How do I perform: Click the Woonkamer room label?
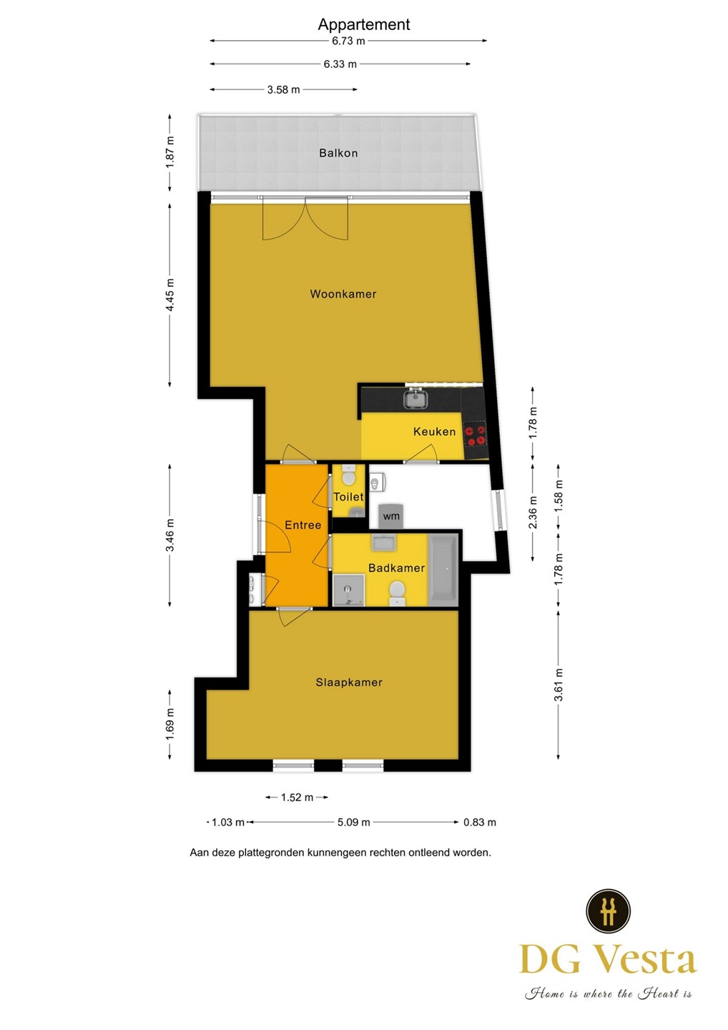tap(343, 294)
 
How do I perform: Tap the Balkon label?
tap(338, 152)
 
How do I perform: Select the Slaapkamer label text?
tap(349, 682)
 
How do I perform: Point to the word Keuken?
tap(434, 431)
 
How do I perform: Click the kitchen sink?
tap(416, 398)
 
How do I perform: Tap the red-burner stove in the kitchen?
tap(476, 436)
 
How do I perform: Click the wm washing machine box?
tap(391, 516)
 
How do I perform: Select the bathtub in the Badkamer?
tap(443, 569)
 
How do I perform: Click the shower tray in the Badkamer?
tap(348, 590)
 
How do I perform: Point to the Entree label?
tap(303, 525)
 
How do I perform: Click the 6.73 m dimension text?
tap(348, 41)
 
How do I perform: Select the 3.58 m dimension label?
tap(284, 89)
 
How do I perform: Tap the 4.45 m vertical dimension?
tap(169, 295)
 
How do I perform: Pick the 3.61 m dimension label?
tap(559, 685)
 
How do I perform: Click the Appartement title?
tap(364, 24)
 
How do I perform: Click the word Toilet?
tap(348, 496)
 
